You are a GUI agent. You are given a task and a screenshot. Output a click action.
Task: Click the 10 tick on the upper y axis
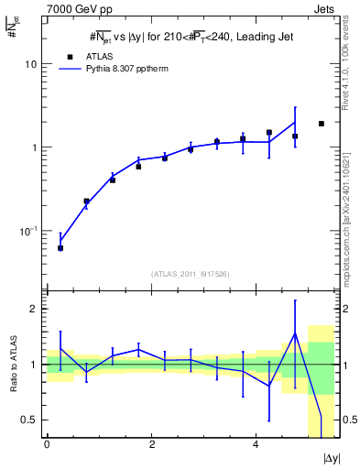coord(30,64)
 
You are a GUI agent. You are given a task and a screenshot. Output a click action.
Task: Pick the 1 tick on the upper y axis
coord(34,147)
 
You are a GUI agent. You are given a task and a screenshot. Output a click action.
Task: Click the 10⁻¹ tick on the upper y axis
coord(28,230)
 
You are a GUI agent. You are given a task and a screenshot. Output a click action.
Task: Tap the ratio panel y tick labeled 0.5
coord(30,420)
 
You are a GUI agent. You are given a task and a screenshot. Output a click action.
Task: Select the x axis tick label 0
coord(47,444)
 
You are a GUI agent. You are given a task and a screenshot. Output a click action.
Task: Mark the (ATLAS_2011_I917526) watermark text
coord(190,274)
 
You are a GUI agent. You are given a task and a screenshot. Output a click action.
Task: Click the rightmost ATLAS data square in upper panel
coord(321,124)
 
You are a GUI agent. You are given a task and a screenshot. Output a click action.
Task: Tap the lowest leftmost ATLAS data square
coord(60,248)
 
